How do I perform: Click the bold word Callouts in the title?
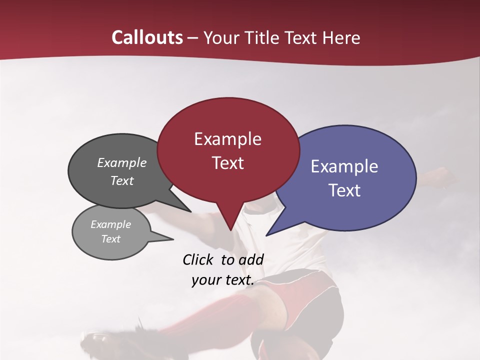point(147,37)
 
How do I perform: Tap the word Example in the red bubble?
point(227,139)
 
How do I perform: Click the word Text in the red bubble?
point(227,163)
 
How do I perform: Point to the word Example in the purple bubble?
point(344,166)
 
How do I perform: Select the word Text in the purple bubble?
point(344,190)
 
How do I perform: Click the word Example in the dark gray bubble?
point(122,163)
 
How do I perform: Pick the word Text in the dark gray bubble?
point(122,180)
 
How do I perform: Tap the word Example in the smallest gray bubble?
point(110,224)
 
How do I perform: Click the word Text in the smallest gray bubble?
point(110,239)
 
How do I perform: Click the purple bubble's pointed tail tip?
point(266,235)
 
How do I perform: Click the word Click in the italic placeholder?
point(199,259)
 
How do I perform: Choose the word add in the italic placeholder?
point(251,259)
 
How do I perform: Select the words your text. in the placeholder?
point(222,280)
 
